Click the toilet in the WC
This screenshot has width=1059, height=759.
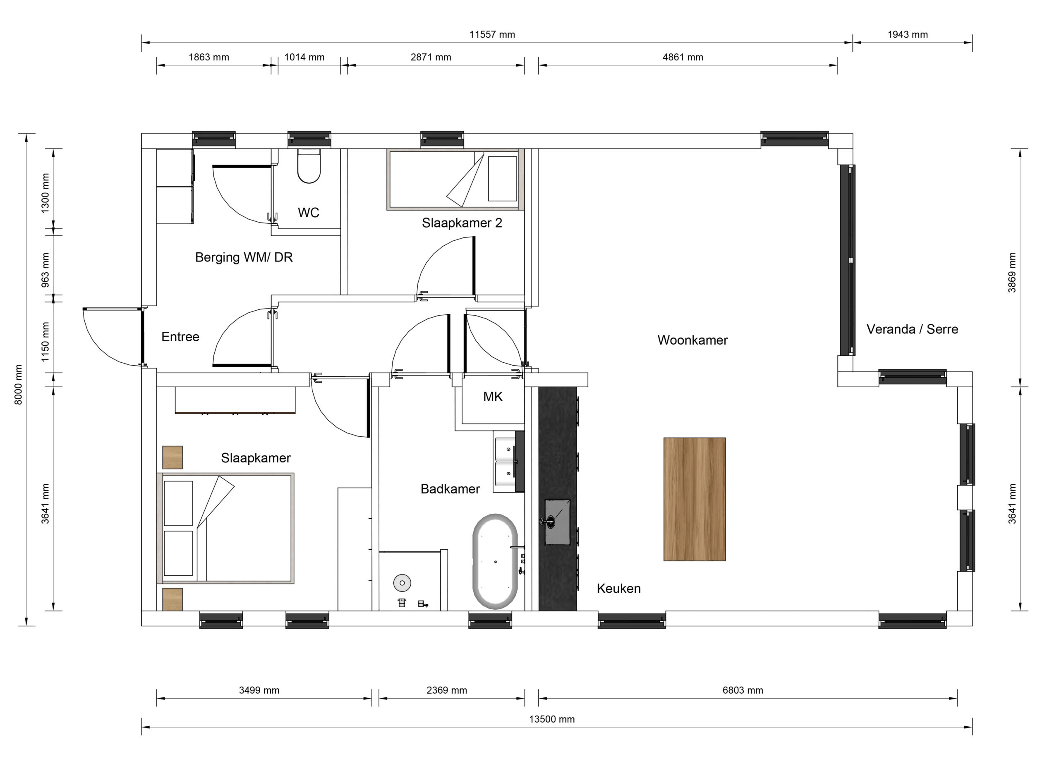(x=309, y=166)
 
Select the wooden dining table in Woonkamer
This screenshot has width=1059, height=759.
(x=694, y=499)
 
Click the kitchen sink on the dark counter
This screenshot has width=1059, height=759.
(x=557, y=522)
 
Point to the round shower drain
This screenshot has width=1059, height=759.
(x=402, y=583)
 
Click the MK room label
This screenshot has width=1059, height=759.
(x=493, y=397)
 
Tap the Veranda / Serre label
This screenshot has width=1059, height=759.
(x=912, y=329)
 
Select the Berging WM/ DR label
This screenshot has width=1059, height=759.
(x=244, y=257)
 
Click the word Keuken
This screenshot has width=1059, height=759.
(x=619, y=589)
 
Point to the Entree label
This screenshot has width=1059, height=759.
(x=180, y=337)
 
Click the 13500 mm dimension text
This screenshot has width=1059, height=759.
(x=552, y=719)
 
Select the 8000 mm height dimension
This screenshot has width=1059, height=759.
(x=18, y=385)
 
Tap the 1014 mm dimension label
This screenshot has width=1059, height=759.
(x=304, y=57)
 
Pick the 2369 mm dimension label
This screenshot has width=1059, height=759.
(x=447, y=690)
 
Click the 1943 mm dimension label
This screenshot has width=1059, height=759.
(x=908, y=35)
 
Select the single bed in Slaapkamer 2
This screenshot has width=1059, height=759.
(x=455, y=179)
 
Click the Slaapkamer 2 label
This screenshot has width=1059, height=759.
(x=462, y=223)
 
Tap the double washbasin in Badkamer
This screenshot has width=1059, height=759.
(x=509, y=462)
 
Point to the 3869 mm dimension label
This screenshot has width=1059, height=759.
(x=1012, y=273)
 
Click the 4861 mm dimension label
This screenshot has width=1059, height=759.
(x=683, y=57)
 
